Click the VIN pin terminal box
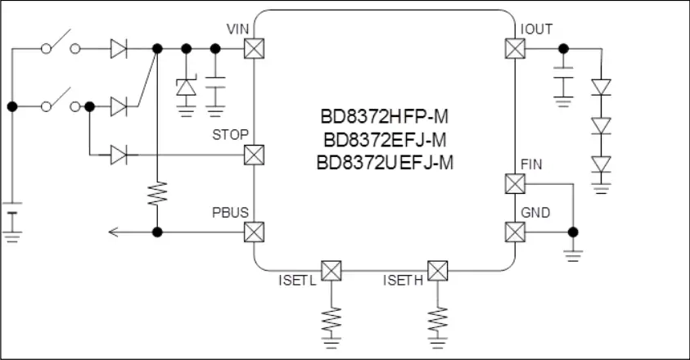click(254, 48)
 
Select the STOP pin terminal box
click(254, 155)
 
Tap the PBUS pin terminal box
click(254, 232)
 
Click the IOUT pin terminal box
click(515, 48)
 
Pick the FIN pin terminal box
click(515, 183)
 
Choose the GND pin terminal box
click(515, 232)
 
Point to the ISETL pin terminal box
click(331, 271)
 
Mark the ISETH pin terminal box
click(438, 271)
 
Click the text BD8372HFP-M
click(384, 117)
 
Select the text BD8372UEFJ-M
click(385, 163)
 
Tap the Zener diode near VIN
click(186, 88)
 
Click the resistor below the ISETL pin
click(331, 322)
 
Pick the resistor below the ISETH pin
click(438, 322)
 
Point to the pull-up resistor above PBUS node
click(157, 193)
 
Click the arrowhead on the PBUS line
click(114, 232)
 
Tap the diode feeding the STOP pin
click(119, 155)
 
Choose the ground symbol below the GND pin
click(573, 256)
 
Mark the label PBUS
click(230, 213)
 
